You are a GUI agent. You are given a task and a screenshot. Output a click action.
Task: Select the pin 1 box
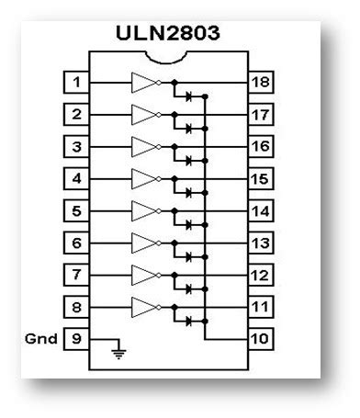tap(78, 82)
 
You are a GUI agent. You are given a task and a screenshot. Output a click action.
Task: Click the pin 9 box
tap(78, 339)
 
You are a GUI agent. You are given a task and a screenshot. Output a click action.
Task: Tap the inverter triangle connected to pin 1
tap(145, 82)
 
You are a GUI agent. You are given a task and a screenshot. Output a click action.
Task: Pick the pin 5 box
tap(78, 210)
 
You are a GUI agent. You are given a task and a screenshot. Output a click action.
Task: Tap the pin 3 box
tap(78, 146)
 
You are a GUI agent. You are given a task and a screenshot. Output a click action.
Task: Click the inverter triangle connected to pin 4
tap(145, 178)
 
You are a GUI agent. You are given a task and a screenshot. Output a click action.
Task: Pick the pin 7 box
tap(78, 275)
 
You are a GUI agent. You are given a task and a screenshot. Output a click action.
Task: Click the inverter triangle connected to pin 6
tap(145, 243)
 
